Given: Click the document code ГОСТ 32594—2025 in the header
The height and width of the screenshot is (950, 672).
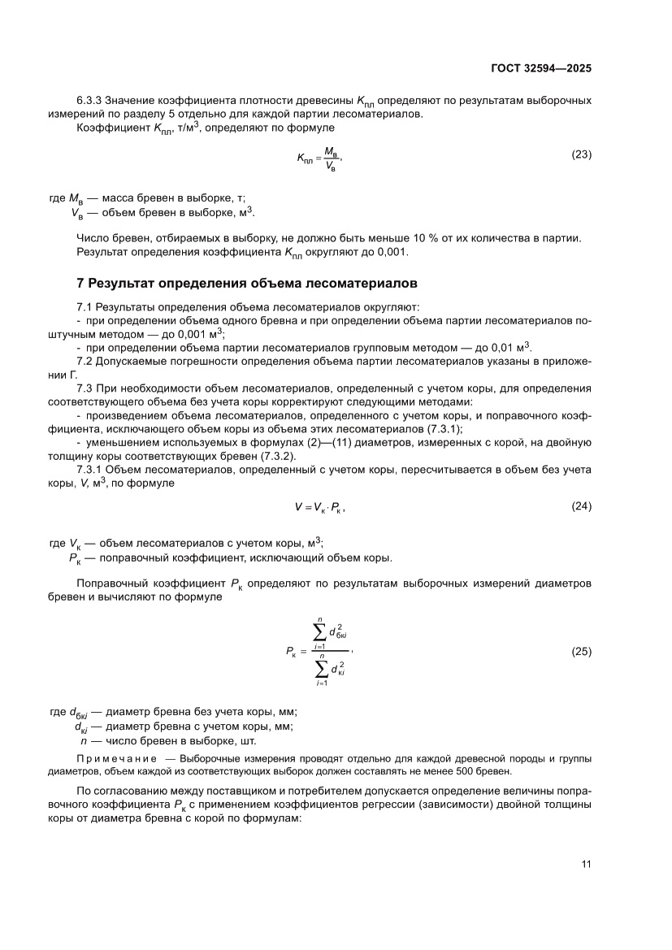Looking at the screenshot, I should pyautogui.click(x=540, y=68).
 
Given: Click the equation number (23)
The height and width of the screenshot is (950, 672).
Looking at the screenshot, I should pyautogui.click(x=581, y=154).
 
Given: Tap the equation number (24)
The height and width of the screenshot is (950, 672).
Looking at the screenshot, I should pyautogui.click(x=581, y=506).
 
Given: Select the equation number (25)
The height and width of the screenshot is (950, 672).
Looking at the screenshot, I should pyautogui.click(x=581, y=651).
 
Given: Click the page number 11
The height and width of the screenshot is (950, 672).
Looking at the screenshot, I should pyautogui.click(x=586, y=863).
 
